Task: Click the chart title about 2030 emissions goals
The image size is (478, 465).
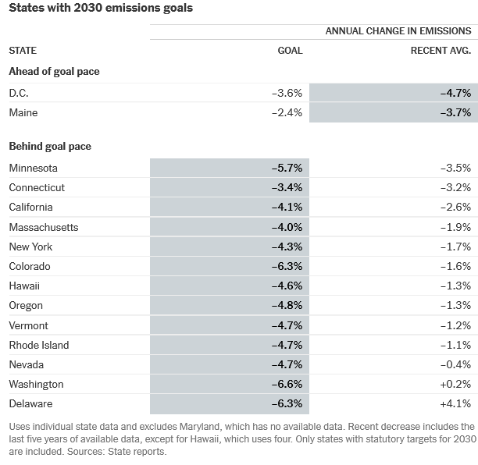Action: click(x=101, y=8)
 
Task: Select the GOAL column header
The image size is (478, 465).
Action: click(x=290, y=51)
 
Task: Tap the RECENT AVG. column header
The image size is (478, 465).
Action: click(x=441, y=51)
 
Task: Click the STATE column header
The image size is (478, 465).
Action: click(x=23, y=51)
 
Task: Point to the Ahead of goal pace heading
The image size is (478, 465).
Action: click(x=54, y=72)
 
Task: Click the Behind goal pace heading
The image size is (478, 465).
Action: click(x=50, y=147)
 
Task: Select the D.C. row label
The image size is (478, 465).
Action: click(x=19, y=93)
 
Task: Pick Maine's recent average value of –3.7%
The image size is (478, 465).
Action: click(x=456, y=113)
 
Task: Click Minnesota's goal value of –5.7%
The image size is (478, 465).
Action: click(x=287, y=168)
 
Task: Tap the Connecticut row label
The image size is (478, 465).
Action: click(x=37, y=187)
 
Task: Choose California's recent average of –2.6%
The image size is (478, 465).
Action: click(x=456, y=208)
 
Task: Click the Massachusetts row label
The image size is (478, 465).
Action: click(x=44, y=228)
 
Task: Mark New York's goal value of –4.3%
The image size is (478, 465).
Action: click(x=287, y=247)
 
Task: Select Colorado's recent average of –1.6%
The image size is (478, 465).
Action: click(x=456, y=267)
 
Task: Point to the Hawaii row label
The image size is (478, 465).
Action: click(x=24, y=286)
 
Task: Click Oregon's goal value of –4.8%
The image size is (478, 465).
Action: click(x=287, y=305)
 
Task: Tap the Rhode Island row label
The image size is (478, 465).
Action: click(x=39, y=346)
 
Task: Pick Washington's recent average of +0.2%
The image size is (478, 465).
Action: click(x=456, y=385)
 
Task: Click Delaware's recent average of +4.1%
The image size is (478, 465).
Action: click(x=456, y=404)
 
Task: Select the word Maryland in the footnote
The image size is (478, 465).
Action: click(x=199, y=427)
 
